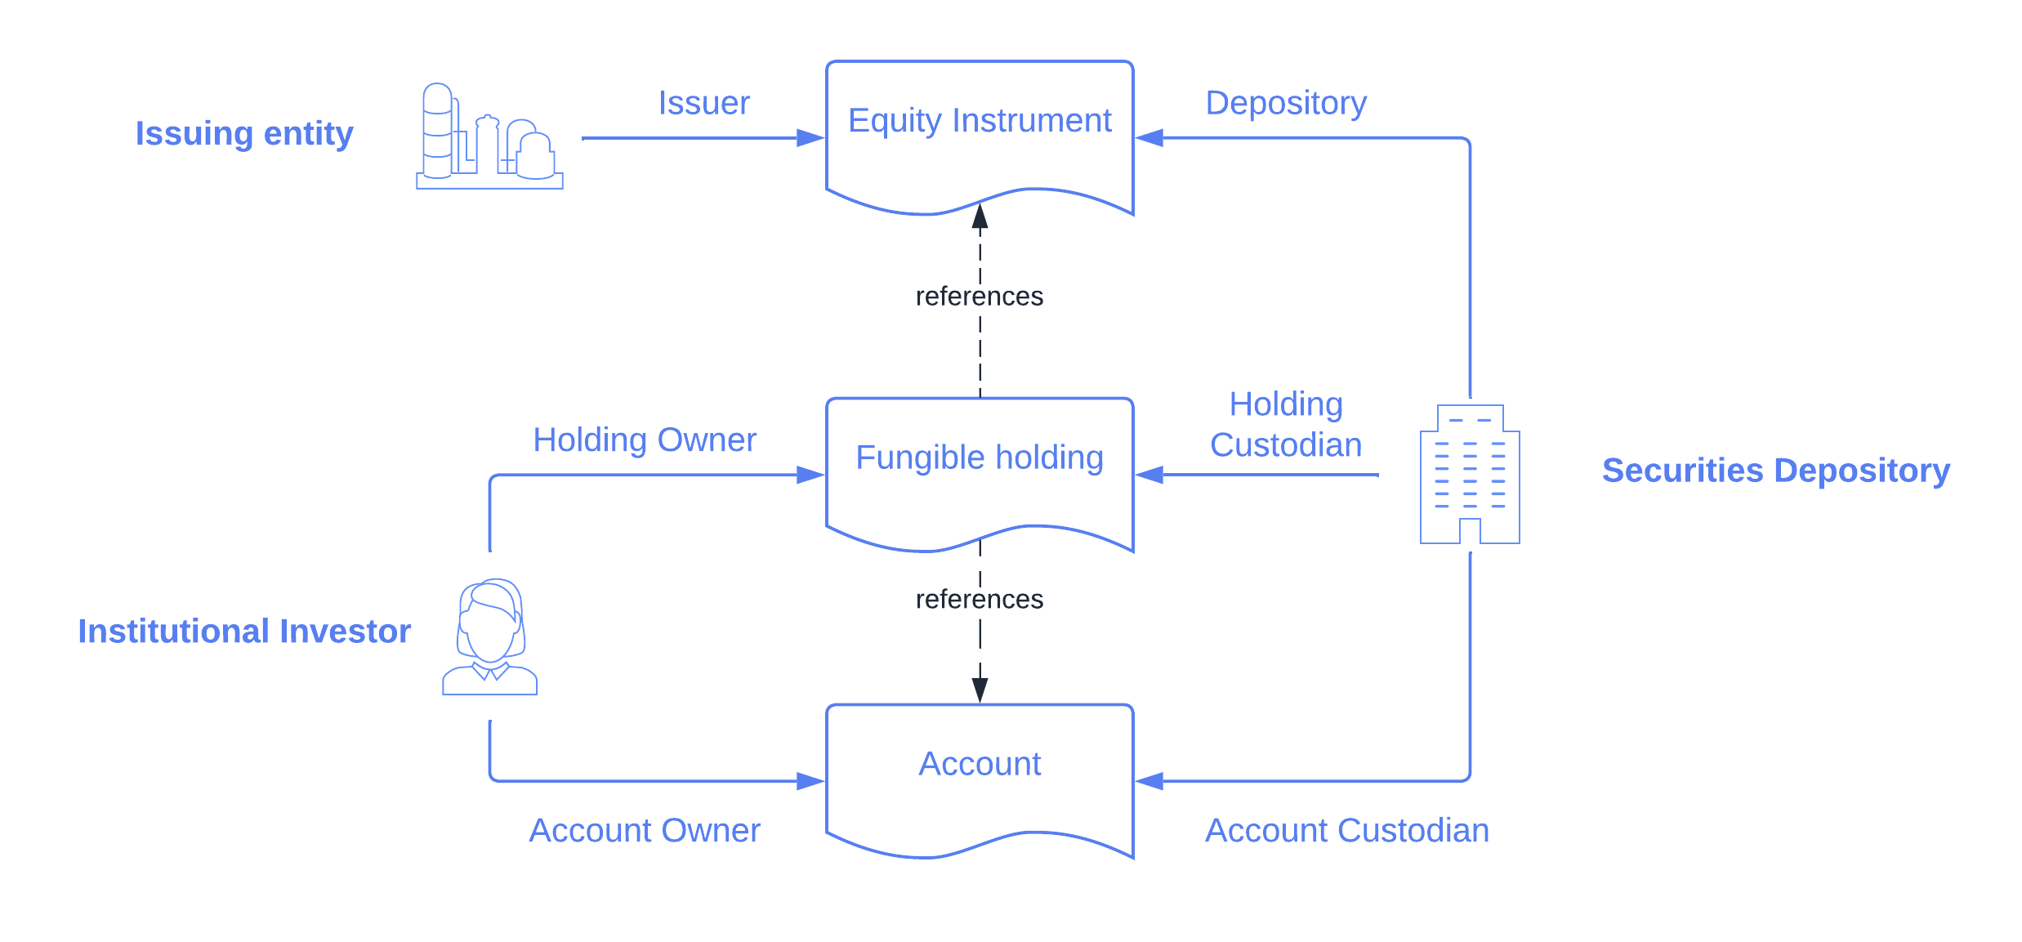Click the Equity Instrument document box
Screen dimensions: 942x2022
tap(980, 135)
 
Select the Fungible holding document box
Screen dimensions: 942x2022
tap(980, 471)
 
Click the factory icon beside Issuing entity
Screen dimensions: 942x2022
tap(489, 136)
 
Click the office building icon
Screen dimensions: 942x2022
tap(1470, 474)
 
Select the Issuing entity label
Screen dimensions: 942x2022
tap(244, 133)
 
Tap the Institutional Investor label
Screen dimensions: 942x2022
tap(244, 632)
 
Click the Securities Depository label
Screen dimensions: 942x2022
tap(1776, 471)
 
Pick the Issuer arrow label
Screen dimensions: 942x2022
tap(704, 103)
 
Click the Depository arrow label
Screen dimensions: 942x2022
tap(1286, 103)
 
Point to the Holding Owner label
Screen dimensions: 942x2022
tap(645, 440)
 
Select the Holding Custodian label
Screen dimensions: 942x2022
tap(1286, 425)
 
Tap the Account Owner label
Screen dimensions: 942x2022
tap(645, 831)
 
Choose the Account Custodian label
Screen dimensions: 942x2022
tap(1347, 831)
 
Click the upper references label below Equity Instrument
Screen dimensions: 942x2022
tap(980, 296)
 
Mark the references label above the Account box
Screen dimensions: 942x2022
tap(980, 599)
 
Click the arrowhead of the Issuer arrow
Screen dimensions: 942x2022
tap(811, 138)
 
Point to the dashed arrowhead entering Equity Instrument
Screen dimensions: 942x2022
tap(980, 217)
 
